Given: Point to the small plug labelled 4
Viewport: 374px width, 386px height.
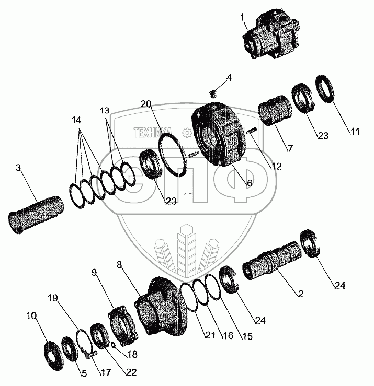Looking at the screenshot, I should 213,94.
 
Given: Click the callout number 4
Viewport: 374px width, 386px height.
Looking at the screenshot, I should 229,78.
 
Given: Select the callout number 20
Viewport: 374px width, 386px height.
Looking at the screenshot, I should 146,104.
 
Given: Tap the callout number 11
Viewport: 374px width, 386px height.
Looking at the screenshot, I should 355,132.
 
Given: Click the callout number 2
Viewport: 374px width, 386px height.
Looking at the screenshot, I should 300,294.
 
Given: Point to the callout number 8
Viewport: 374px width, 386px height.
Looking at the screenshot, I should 120,265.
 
